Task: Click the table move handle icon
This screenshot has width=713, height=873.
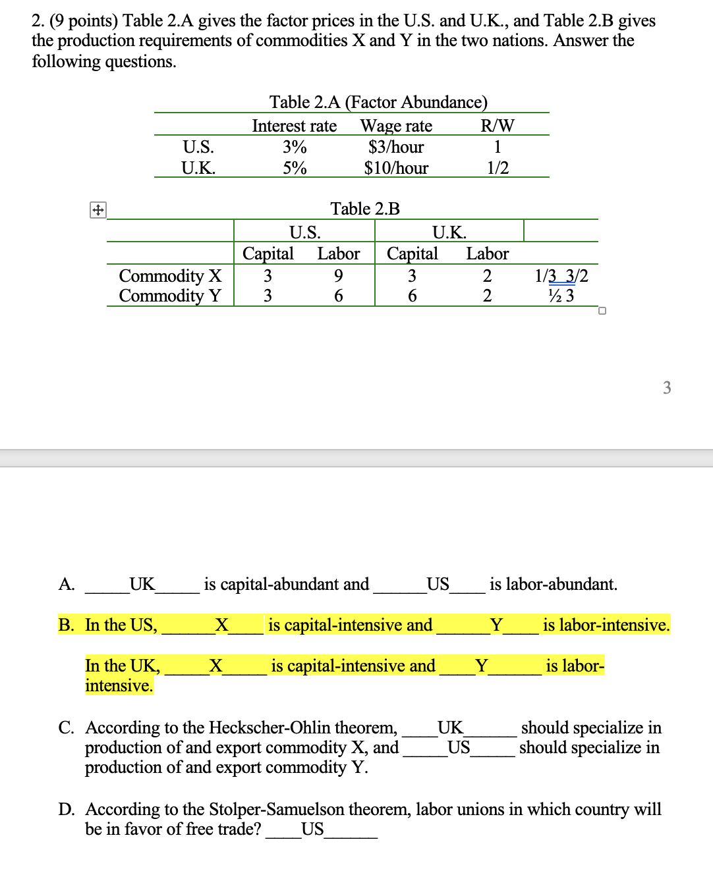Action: pyautogui.click(x=98, y=211)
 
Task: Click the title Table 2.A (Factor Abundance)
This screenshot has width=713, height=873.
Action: pyautogui.click(x=378, y=102)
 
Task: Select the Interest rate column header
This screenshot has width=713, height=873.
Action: pyautogui.click(x=294, y=126)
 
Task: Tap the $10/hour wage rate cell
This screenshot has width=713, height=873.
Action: pyautogui.click(x=396, y=168)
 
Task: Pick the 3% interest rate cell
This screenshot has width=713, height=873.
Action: pyautogui.click(x=295, y=147)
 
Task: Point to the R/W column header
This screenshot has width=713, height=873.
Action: pyautogui.click(x=498, y=126)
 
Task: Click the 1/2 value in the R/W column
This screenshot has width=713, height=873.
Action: pyautogui.click(x=498, y=168)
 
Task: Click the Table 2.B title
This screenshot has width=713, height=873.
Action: pyautogui.click(x=365, y=209)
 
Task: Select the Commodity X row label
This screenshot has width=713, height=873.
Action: pyautogui.click(x=170, y=275)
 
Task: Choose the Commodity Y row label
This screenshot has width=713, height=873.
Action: pyautogui.click(x=170, y=296)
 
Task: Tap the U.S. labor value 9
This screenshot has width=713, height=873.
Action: pyautogui.click(x=338, y=275)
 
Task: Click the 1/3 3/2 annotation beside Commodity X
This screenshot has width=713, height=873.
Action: pyautogui.click(x=561, y=275)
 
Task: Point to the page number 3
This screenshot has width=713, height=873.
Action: pyautogui.click(x=667, y=388)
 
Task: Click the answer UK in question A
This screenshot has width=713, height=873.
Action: pyautogui.click(x=142, y=584)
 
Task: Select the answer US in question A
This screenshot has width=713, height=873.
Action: pyautogui.click(x=438, y=584)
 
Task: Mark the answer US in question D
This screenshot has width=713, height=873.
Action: pyautogui.click(x=312, y=829)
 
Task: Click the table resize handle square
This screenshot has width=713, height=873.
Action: pyautogui.click(x=602, y=311)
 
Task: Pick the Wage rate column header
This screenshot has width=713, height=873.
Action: pyautogui.click(x=396, y=126)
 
